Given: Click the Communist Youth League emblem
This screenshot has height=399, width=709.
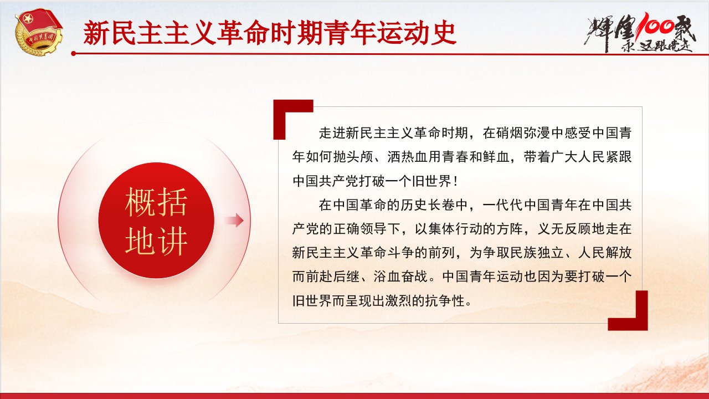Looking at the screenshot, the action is [39, 32].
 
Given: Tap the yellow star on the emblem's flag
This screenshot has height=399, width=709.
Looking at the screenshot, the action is [28, 19].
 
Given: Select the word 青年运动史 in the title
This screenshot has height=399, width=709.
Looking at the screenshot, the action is [391, 33].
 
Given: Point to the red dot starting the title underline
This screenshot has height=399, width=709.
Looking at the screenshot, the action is [74, 54].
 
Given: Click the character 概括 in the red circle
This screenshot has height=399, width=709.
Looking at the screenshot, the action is [156, 202].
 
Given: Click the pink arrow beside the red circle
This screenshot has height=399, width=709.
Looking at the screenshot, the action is [234, 221].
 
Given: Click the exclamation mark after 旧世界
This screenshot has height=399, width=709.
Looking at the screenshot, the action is [455, 181].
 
